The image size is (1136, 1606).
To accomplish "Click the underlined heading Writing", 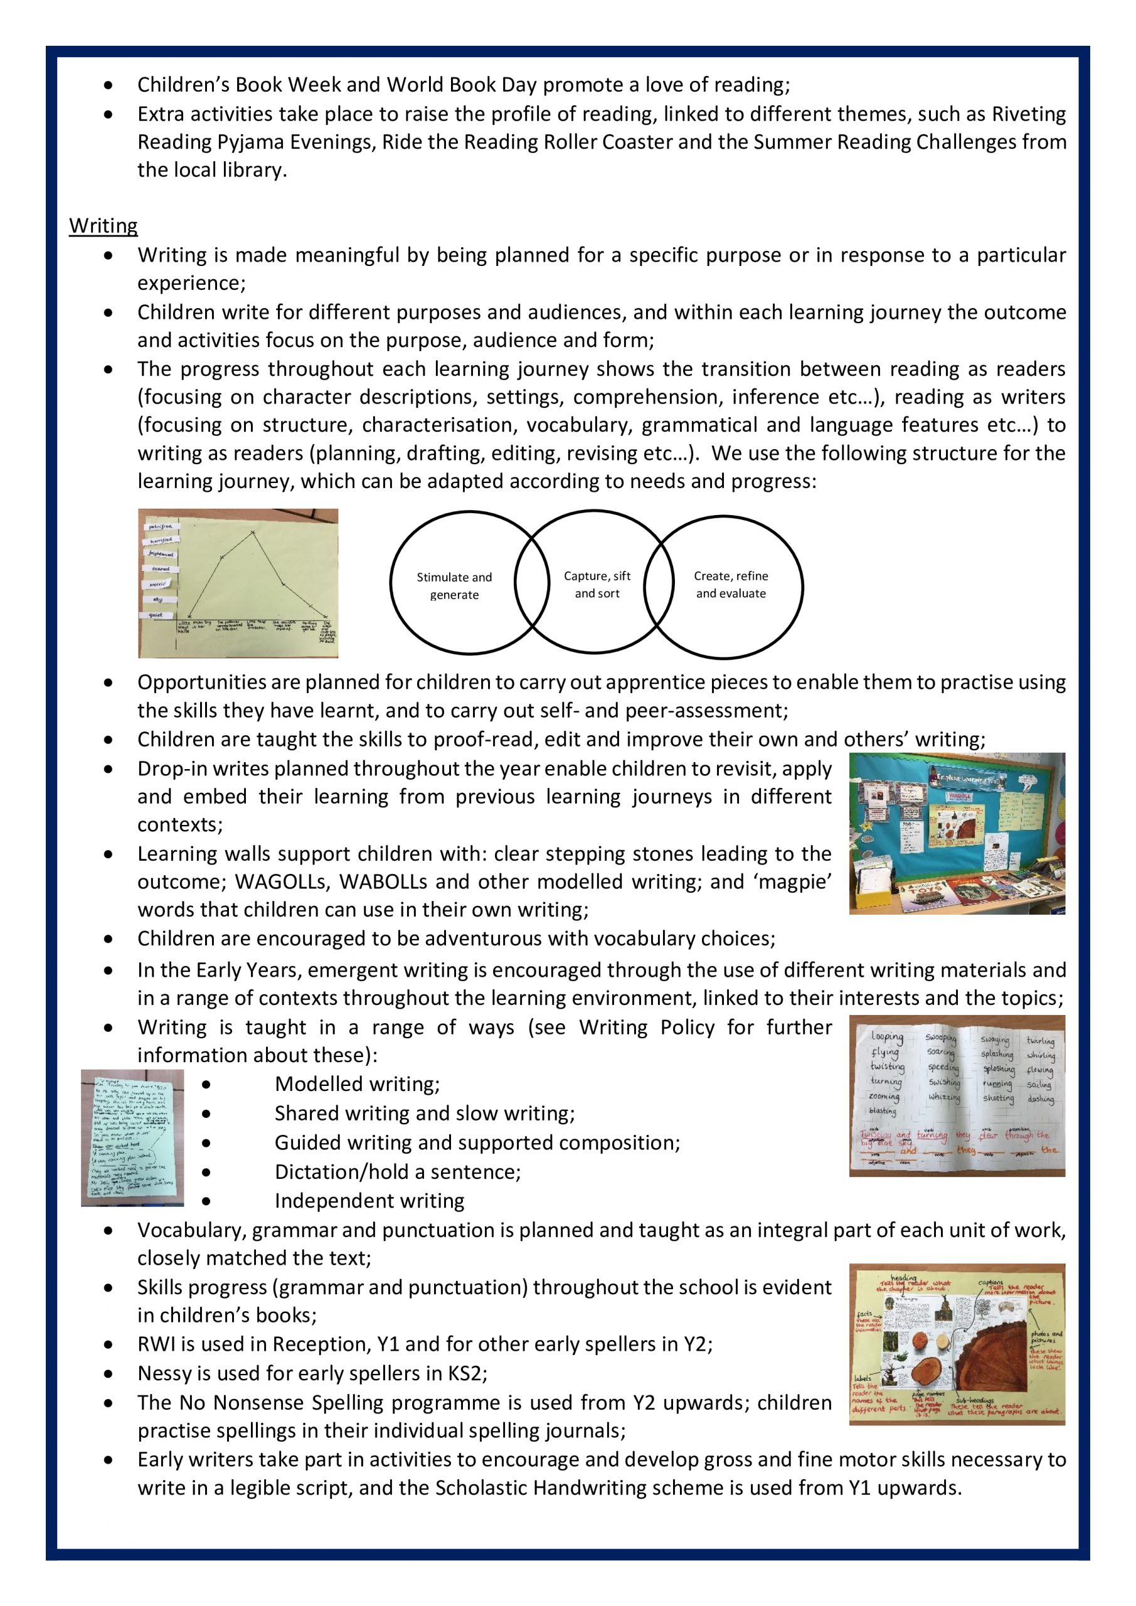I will coord(103,226).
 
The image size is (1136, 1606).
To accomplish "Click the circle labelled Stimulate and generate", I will coord(454,585).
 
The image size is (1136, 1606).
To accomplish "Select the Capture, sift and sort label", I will coord(597,584).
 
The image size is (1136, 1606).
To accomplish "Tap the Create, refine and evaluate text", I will coord(730,584).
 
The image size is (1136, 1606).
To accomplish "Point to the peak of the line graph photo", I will coord(253,533).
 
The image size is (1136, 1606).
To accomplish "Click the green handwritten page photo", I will coord(132,1138).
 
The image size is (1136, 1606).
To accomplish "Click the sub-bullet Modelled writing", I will coord(357,1084).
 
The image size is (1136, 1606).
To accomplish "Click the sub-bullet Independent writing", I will coord(369,1201).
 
